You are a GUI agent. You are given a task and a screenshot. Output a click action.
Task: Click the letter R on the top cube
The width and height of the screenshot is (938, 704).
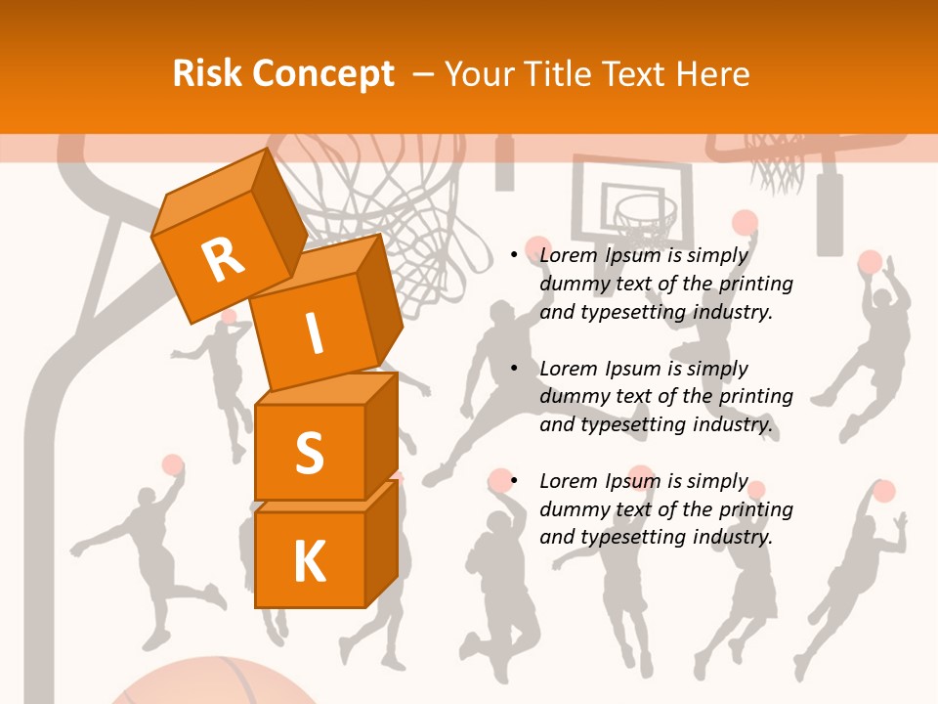click(223, 260)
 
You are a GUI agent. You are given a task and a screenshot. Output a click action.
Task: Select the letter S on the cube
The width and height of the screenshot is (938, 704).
click(309, 453)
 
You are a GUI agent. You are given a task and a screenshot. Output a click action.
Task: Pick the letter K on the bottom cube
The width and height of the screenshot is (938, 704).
click(309, 561)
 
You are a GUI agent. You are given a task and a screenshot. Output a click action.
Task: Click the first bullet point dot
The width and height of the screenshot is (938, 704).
click(514, 256)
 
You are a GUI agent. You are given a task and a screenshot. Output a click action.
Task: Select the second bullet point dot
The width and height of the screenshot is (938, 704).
click(514, 369)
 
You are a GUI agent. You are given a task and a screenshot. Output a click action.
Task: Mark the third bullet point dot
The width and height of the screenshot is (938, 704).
click(514, 481)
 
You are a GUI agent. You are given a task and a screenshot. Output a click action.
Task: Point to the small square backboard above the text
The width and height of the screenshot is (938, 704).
click(630, 200)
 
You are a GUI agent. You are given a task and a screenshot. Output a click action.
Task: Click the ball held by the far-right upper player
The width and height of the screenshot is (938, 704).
click(870, 262)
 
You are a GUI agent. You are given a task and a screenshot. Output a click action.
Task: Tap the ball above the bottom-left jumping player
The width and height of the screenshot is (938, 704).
click(173, 464)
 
